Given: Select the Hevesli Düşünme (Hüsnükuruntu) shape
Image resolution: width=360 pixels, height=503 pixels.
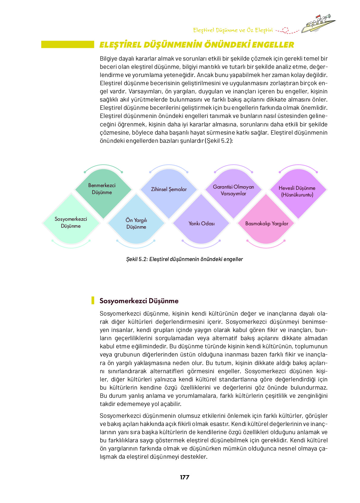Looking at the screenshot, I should pos(297,191).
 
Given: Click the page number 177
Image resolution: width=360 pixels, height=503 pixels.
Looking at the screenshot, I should pos(184,477).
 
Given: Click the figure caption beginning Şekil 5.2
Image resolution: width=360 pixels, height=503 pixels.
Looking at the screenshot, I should pos(184,259).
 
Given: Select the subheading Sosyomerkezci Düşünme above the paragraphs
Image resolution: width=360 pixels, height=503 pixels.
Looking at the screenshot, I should pos(139,301).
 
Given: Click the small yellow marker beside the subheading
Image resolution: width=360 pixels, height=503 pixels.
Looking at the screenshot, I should pos(93,300).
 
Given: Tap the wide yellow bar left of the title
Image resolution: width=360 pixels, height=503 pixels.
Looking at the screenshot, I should pos(68,45).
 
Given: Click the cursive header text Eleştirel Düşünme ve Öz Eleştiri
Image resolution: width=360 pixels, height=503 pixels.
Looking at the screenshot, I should pos(233,30).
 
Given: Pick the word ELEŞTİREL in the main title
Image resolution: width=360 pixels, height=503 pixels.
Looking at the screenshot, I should pos(120,45).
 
